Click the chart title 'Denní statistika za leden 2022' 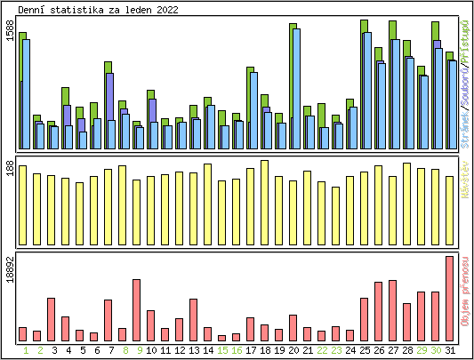coord(97,10)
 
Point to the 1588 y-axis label coord(10,31)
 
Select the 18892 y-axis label coord(10,268)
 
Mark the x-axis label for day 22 coord(321,350)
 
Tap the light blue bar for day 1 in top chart coord(27,93)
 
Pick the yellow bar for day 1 coord(22,204)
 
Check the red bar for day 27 coord(392,310)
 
